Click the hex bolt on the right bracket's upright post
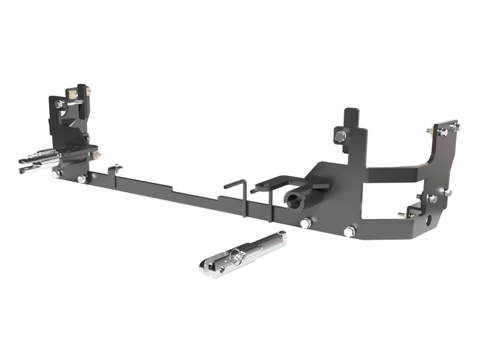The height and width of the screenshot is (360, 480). coord(340,136)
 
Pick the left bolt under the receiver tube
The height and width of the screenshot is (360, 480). coord(305,223)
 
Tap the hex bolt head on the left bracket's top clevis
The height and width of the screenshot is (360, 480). coord(59,104)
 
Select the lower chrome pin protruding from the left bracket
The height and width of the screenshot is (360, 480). coord(36,169)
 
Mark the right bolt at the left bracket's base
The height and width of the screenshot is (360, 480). coord(82,179)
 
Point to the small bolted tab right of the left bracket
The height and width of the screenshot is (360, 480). coord(115,169)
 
